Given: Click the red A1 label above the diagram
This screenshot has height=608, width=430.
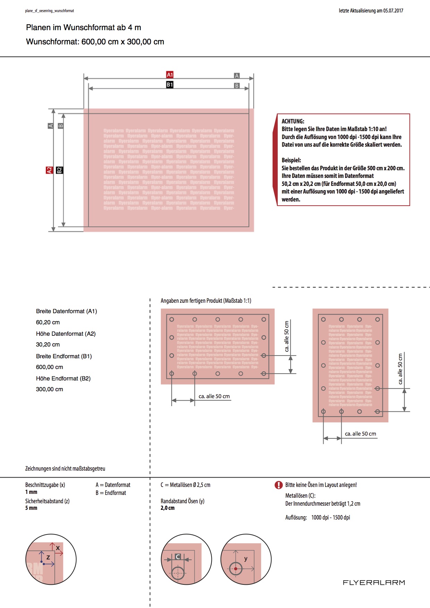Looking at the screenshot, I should click(x=170, y=75).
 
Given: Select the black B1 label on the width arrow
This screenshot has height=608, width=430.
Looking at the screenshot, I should click(x=170, y=85).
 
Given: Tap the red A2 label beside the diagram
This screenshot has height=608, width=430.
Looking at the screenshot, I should click(x=49, y=170).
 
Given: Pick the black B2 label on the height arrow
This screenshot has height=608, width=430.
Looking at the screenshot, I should click(x=59, y=170).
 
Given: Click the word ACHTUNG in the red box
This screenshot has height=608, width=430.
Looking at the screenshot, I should click(x=293, y=121).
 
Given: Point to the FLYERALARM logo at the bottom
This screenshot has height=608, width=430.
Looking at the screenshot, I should click(x=374, y=583).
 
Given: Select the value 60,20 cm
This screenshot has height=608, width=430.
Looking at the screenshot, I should click(x=48, y=322).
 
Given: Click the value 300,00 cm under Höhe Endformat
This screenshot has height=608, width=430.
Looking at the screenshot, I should click(x=50, y=389).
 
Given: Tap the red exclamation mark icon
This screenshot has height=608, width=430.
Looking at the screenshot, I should click(x=278, y=485).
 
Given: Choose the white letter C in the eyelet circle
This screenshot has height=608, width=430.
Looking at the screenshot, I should click(x=178, y=557).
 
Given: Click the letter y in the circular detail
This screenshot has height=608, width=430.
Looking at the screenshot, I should click(x=246, y=558).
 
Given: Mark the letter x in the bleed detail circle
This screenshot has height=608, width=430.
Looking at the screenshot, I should click(x=58, y=548).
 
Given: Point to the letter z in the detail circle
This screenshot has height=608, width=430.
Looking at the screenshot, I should click(x=48, y=557).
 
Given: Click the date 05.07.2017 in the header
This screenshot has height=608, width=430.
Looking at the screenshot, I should click(x=393, y=11).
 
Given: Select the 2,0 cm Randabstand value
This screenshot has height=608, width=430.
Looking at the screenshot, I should click(x=167, y=508).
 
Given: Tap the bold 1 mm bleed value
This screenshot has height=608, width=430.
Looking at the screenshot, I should click(x=31, y=492).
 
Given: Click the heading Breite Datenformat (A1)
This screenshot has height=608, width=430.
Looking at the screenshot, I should click(x=67, y=311).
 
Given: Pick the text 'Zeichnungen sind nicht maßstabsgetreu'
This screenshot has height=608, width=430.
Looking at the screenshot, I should click(x=65, y=469).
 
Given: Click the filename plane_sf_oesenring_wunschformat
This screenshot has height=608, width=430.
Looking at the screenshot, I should click(x=50, y=11).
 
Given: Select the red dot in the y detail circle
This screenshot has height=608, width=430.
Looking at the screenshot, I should click(x=236, y=569).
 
